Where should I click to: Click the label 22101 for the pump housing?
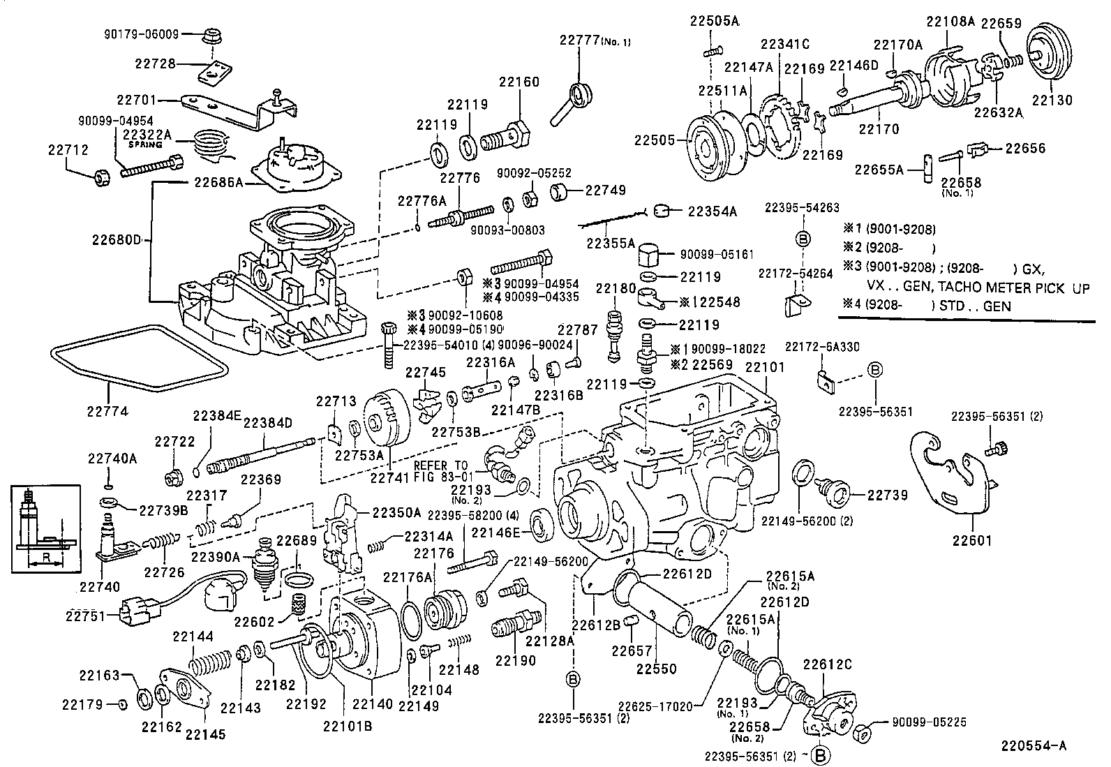pos(765,366)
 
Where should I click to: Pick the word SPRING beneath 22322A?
pos(144,144)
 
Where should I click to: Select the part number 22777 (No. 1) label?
pos(595,40)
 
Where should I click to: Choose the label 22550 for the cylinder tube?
pos(656,668)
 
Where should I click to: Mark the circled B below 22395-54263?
pos(801,239)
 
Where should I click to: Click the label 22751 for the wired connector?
pos(84,615)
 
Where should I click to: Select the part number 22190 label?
pos(515,660)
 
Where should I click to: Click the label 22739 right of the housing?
pos(887,495)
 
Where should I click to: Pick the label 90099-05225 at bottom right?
pos(930,723)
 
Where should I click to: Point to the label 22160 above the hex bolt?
pos(519,82)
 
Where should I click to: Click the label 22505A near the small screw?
pos(715,21)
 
